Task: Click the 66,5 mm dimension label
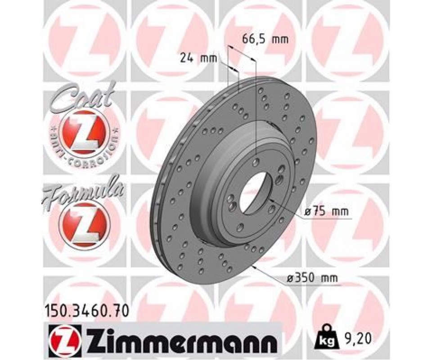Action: click(265, 40)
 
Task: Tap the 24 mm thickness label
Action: click(199, 58)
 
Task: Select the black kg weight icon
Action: click(328, 337)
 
